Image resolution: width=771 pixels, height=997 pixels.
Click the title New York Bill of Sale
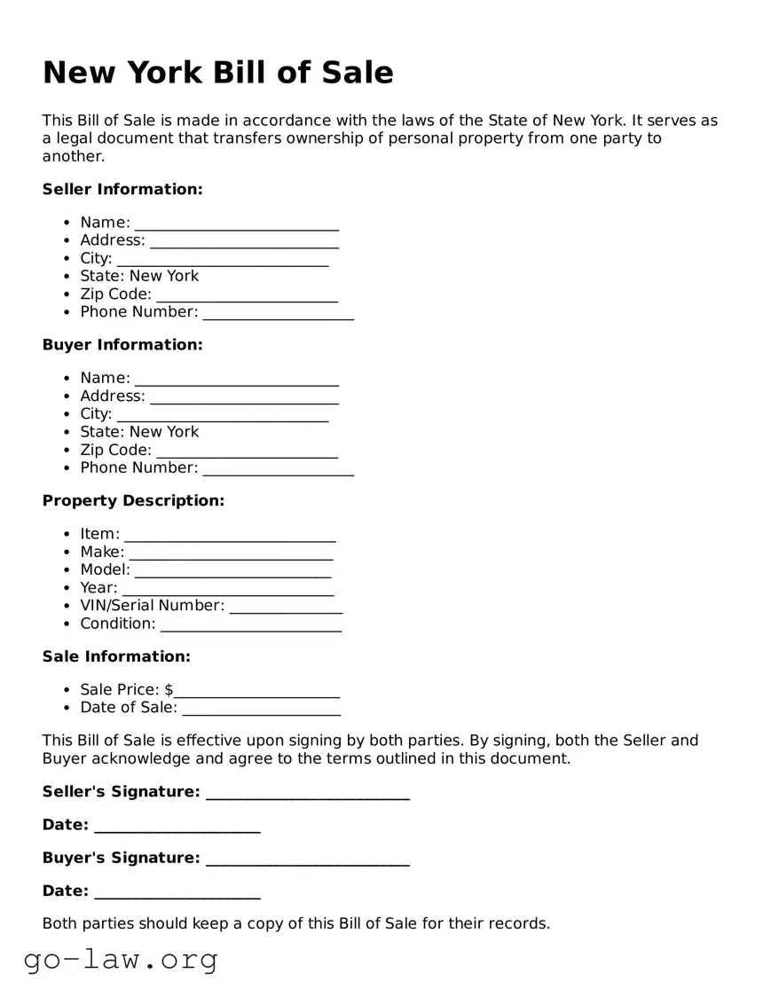coord(217,73)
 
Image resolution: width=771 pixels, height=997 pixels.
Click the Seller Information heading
coord(122,189)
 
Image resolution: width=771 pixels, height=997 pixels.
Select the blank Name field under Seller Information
coord(237,224)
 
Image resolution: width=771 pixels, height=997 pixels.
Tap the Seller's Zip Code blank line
coord(247,296)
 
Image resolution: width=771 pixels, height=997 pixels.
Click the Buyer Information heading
coord(122,344)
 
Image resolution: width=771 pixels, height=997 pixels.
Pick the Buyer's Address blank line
coord(244,398)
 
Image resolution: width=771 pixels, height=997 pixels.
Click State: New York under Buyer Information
coord(139,432)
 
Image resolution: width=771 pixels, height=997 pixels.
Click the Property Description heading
coord(133,500)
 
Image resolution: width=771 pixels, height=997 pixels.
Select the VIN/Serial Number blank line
coord(286,608)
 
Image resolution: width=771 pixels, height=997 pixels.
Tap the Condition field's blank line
coord(251,626)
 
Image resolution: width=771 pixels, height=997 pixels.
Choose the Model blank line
coord(232,572)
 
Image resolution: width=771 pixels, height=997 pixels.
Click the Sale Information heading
coord(116,656)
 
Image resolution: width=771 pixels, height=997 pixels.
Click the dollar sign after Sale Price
coord(169,690)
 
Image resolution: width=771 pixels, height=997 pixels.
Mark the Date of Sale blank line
coord(261,710)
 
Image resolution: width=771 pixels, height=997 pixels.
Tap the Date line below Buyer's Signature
coord(177,893)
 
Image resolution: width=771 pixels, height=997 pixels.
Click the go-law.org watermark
coord(121,960)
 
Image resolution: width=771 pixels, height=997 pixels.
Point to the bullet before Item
coord(68,535)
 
